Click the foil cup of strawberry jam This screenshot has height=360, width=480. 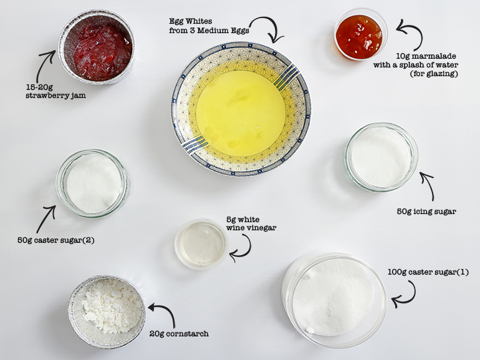tap(97, 47)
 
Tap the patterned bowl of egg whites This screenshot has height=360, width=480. tap(241, 109)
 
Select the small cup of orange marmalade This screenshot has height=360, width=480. tap(360, 34)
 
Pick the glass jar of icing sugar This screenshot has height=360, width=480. tap(381, 157)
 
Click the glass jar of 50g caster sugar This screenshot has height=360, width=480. tap(93, 183)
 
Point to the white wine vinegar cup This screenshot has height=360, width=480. tap(201, 244)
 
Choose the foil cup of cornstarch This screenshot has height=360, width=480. tap(107, 311)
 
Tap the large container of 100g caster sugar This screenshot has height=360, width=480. tap(334, 299)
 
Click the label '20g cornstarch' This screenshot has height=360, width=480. tap(179, 333)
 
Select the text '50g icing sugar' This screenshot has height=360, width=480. tap(426, 211)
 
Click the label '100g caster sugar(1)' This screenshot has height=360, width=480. tap(428, 272)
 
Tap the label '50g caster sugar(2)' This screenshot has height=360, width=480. tap(55, 240)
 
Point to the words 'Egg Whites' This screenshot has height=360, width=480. tap(190, 21)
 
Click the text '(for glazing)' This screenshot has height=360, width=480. tap(434, 74)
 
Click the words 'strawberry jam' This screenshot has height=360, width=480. tap(55, 95)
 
